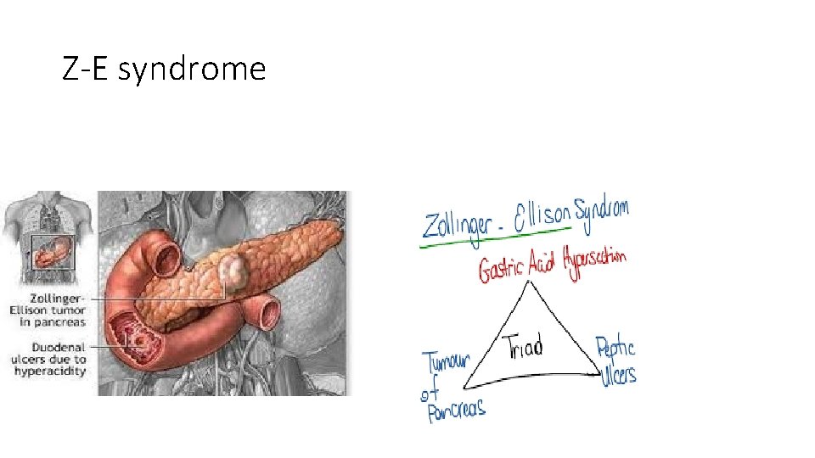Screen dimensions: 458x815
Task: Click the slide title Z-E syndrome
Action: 164,69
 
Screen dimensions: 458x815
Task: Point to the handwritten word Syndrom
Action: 602,209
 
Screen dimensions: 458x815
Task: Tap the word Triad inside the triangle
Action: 523,347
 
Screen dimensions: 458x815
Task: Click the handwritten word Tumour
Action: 447,366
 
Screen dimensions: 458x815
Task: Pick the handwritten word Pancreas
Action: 456,411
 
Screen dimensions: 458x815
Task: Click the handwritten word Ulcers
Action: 617,375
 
